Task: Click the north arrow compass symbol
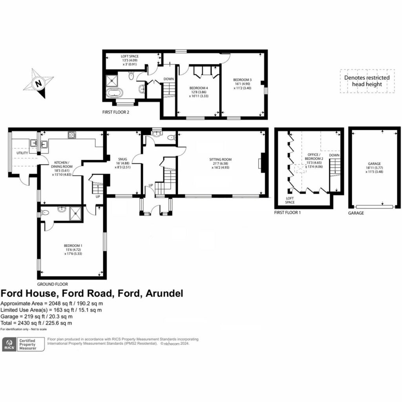38,83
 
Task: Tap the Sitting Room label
220,159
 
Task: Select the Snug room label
123,159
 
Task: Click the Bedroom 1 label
73,246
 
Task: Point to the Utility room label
22,153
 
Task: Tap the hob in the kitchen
72,135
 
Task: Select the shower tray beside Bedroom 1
76,213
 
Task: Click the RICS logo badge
23,344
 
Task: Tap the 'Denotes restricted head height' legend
367,81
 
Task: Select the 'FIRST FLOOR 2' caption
116,112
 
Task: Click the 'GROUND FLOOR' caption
53,284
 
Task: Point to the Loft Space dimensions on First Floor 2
130,62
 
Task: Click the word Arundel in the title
164,293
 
